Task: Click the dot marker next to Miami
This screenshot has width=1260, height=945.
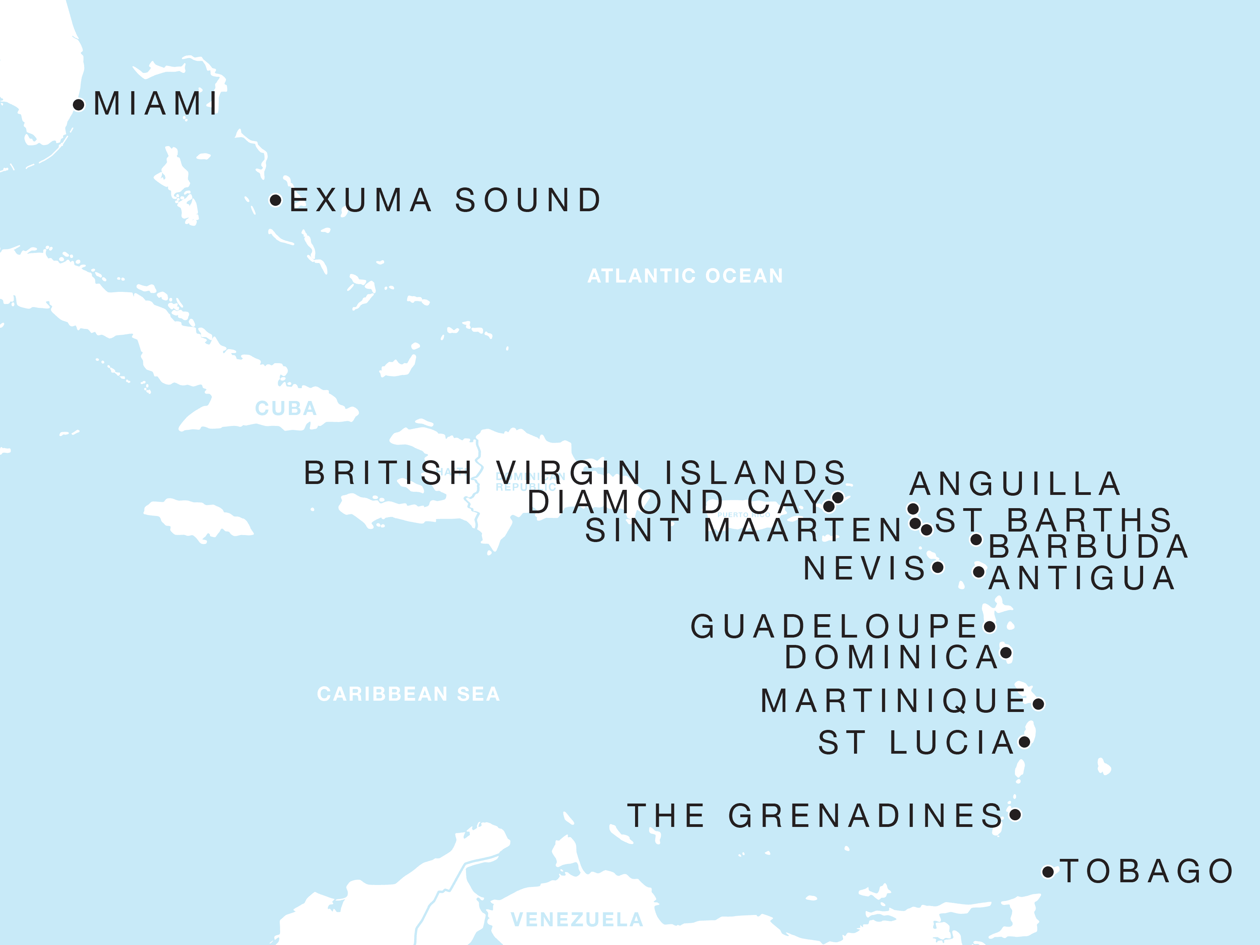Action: coord(79,105)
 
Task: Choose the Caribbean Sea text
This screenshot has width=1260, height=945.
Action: coord(408,694)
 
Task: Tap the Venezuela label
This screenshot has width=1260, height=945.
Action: coord(577,919)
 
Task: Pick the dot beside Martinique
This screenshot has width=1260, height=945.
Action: coord(1038,705)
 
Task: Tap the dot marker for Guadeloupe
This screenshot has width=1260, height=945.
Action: coord(990,627)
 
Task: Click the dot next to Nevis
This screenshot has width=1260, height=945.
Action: coord(937,567)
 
